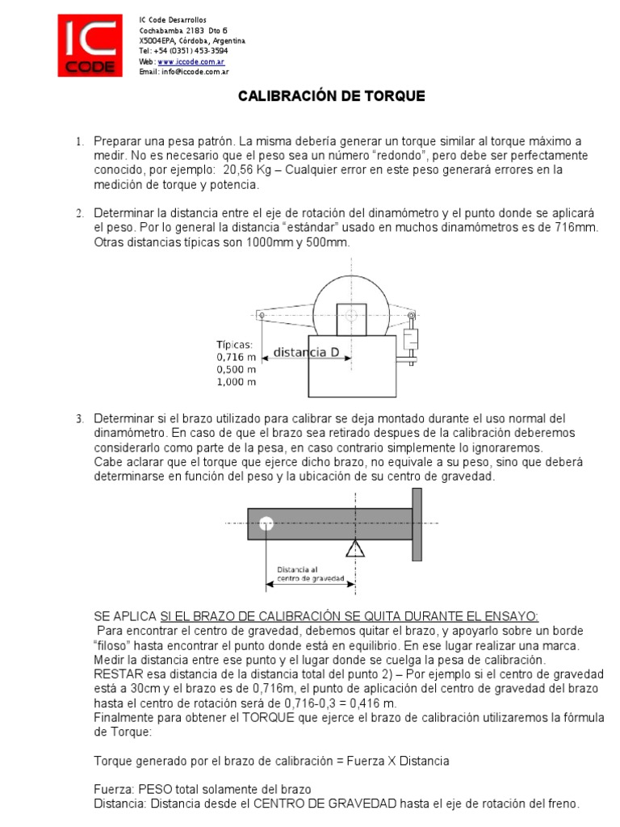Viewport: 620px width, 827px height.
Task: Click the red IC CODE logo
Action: pyautogui.click(x=90, y=46)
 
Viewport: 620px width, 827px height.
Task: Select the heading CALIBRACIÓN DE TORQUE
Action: pyautogui.click(x=330, y=96)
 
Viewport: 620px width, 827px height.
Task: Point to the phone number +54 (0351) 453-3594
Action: pyautogui.click(x=185, y=51)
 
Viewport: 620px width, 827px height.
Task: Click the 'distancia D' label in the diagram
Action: pyautogui.click(x=300, y=352)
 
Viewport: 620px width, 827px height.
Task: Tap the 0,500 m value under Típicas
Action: pyautogui.click(x=237, y=369)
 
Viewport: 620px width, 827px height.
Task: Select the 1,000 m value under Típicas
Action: pyautogui.click(x=237, y=381)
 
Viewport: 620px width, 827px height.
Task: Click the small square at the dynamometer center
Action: pyautogui.click(x=351, y=318)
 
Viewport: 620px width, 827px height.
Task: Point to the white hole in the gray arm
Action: pyautogui.click(x=266, y=524)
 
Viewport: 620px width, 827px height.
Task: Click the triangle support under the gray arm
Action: pyautogui.click(x=354, y=549)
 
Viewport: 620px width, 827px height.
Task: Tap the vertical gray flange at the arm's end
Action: pyautogui.click(x=417, y=523)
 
